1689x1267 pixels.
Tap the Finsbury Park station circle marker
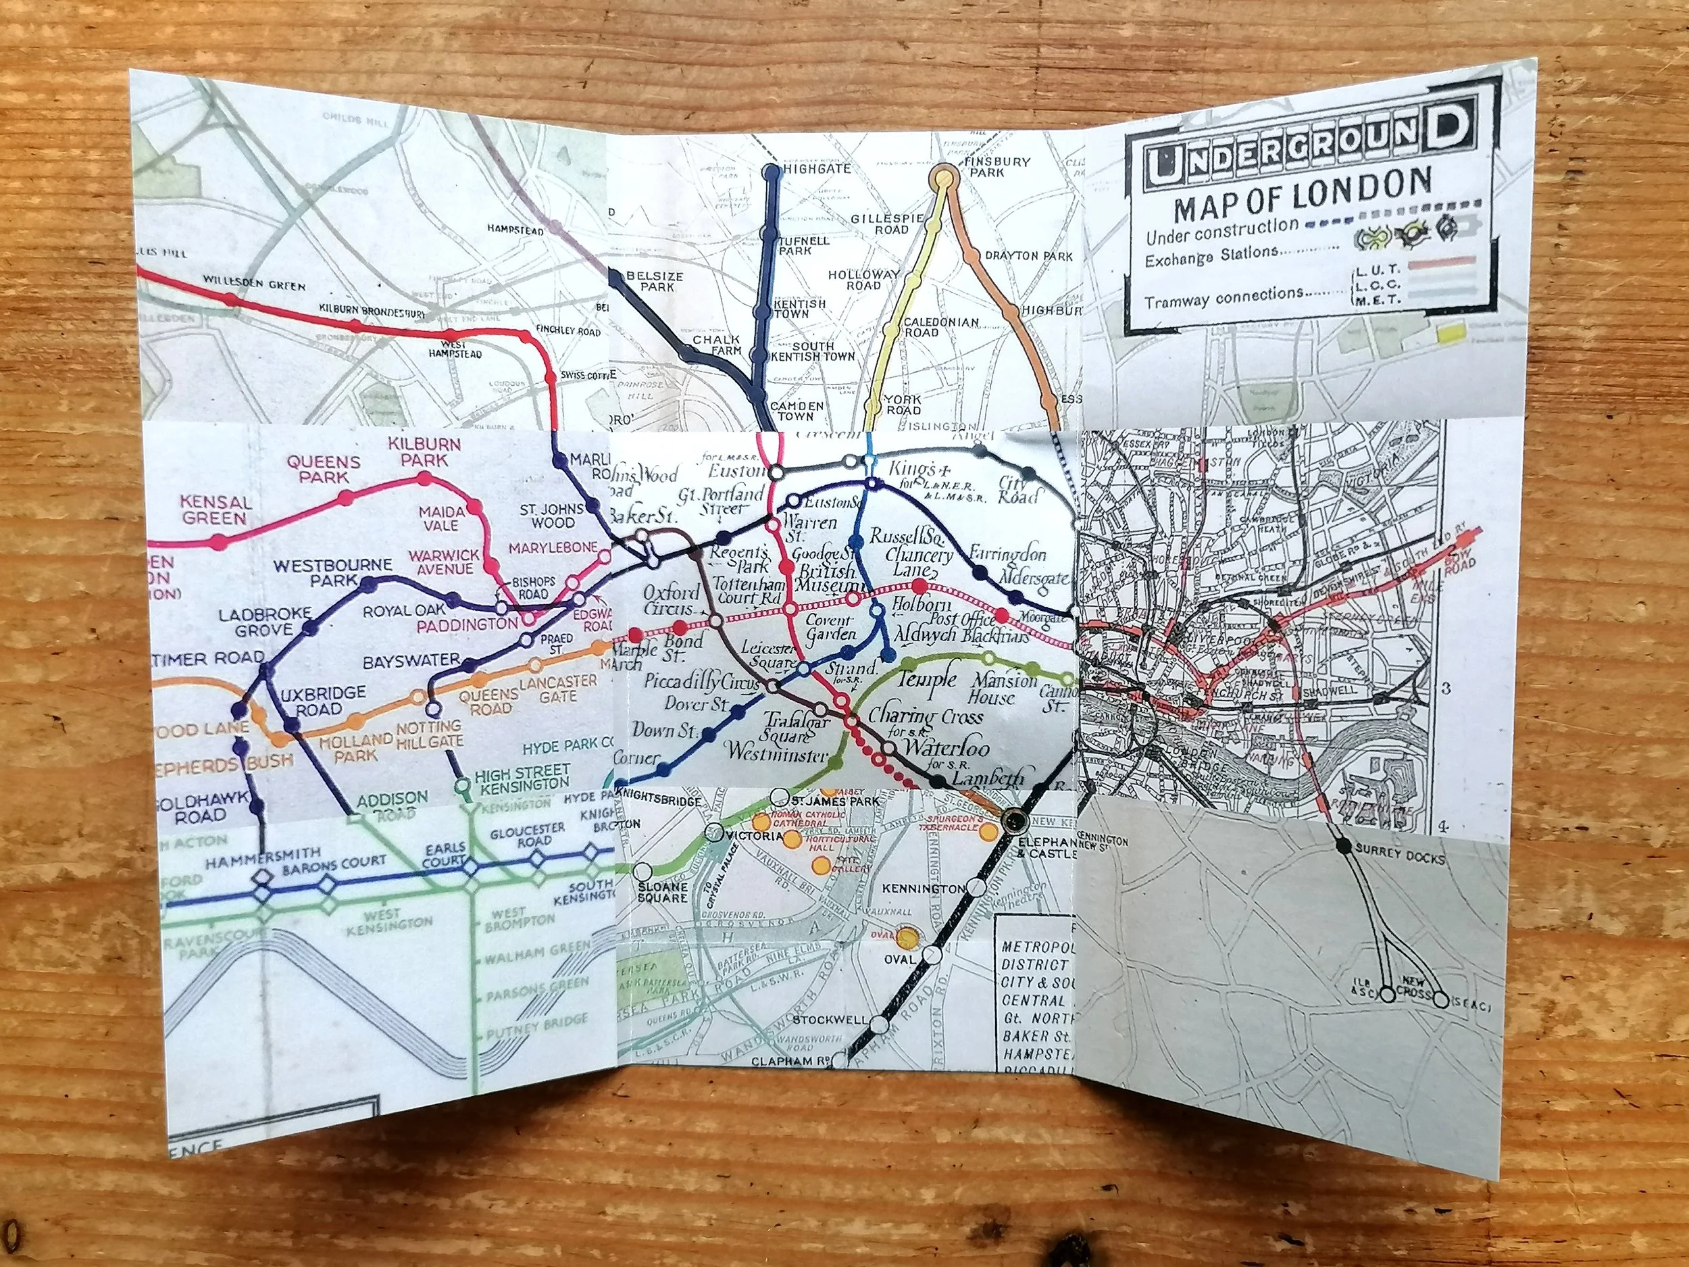click(945, 178)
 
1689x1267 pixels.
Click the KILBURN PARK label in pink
click(424, 452)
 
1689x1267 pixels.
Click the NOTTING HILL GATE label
click(429, 734)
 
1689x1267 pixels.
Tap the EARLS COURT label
click(446, 854)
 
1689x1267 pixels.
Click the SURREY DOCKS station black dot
click(1342, 846)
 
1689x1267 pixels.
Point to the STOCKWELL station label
click(830, 1020)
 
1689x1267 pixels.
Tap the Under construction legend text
click(1221, 230)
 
